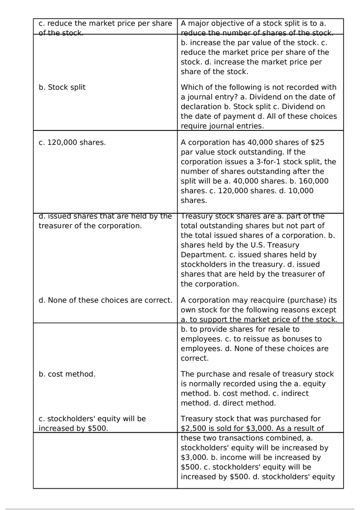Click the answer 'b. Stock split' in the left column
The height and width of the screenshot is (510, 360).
point(62,87)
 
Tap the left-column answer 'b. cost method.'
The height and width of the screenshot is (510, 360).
point(67,374)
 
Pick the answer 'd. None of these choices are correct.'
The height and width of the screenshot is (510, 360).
point(106,300)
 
